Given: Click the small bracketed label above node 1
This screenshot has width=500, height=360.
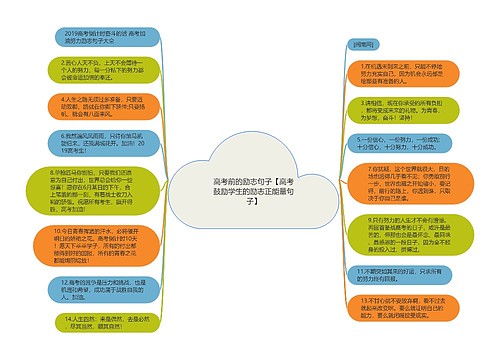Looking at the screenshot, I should click(362, 44).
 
